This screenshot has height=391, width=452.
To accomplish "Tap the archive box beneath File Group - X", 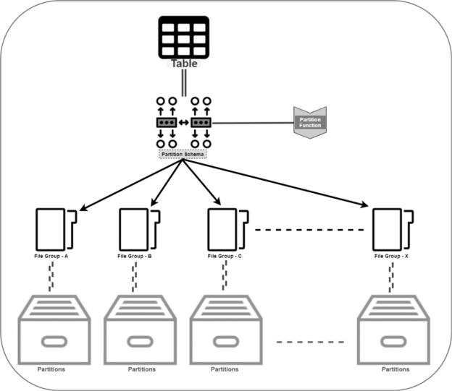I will coord(395,328).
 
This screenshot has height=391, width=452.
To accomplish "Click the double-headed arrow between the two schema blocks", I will coord(184,122).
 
